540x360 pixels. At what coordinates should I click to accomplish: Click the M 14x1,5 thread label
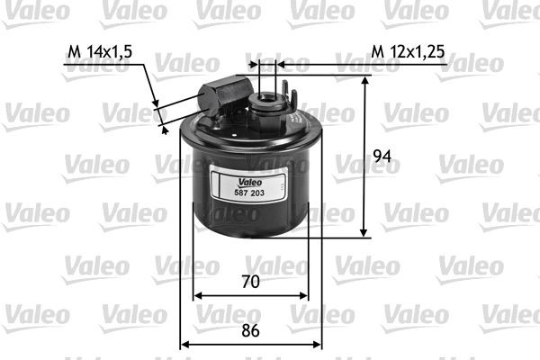tap(100, 52)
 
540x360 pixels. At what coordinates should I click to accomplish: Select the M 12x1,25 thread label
tap(408, 52)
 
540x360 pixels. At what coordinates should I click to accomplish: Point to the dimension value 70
tap(251, 282)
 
